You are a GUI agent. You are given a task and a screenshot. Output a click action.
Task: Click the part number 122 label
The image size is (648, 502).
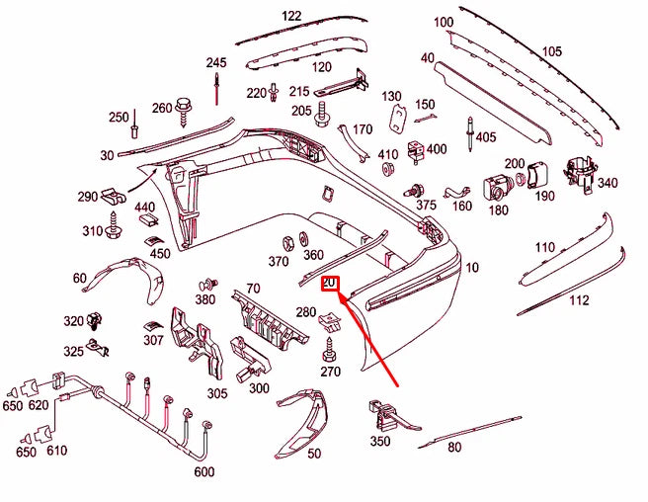pos(291,17)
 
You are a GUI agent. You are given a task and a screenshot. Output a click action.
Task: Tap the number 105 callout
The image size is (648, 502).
pos(551,51)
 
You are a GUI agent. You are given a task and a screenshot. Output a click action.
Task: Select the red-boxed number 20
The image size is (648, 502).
pos(330,285)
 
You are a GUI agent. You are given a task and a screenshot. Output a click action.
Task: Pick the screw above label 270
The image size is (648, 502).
pos(330,350)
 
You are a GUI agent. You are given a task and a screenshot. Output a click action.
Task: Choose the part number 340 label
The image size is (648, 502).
pos(607,183)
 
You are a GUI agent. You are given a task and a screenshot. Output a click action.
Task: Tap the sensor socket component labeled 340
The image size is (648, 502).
pos(576,172)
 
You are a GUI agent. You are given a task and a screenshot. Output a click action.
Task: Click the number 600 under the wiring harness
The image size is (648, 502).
pos(203,471)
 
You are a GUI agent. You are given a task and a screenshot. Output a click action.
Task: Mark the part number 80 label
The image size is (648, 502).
pos(454,447)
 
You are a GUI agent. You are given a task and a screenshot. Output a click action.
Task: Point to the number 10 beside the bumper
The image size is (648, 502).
pos(472,267)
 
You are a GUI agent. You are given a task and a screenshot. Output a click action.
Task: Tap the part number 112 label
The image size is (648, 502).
pos(579,299)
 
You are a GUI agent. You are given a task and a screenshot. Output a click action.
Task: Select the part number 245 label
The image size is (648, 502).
pos(216,62)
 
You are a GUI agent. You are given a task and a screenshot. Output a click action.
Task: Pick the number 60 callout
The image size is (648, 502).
pos(80,279)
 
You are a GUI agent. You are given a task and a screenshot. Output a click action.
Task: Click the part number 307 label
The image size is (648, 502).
pos(152,340)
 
